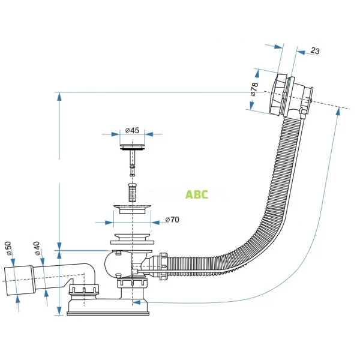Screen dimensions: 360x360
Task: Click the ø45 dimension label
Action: coord(132,130)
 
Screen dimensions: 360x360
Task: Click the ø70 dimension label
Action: coord(172,220)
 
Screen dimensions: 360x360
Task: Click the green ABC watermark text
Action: coord(197,194)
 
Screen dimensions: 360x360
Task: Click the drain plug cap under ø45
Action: coord(132,145)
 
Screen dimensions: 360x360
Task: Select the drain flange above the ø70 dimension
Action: coord(132,210)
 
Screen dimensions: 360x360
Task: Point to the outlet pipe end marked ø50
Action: coord(18,280)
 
